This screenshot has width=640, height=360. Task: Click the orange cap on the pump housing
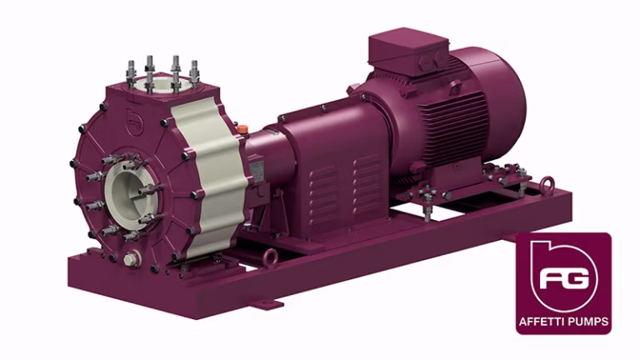[x=242, y=129]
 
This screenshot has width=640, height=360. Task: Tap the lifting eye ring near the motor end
[x=547, y=185]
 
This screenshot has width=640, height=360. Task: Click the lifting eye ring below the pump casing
[x=270, y=258]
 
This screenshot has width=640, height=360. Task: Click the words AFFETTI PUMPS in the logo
[x=563, y=322]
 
